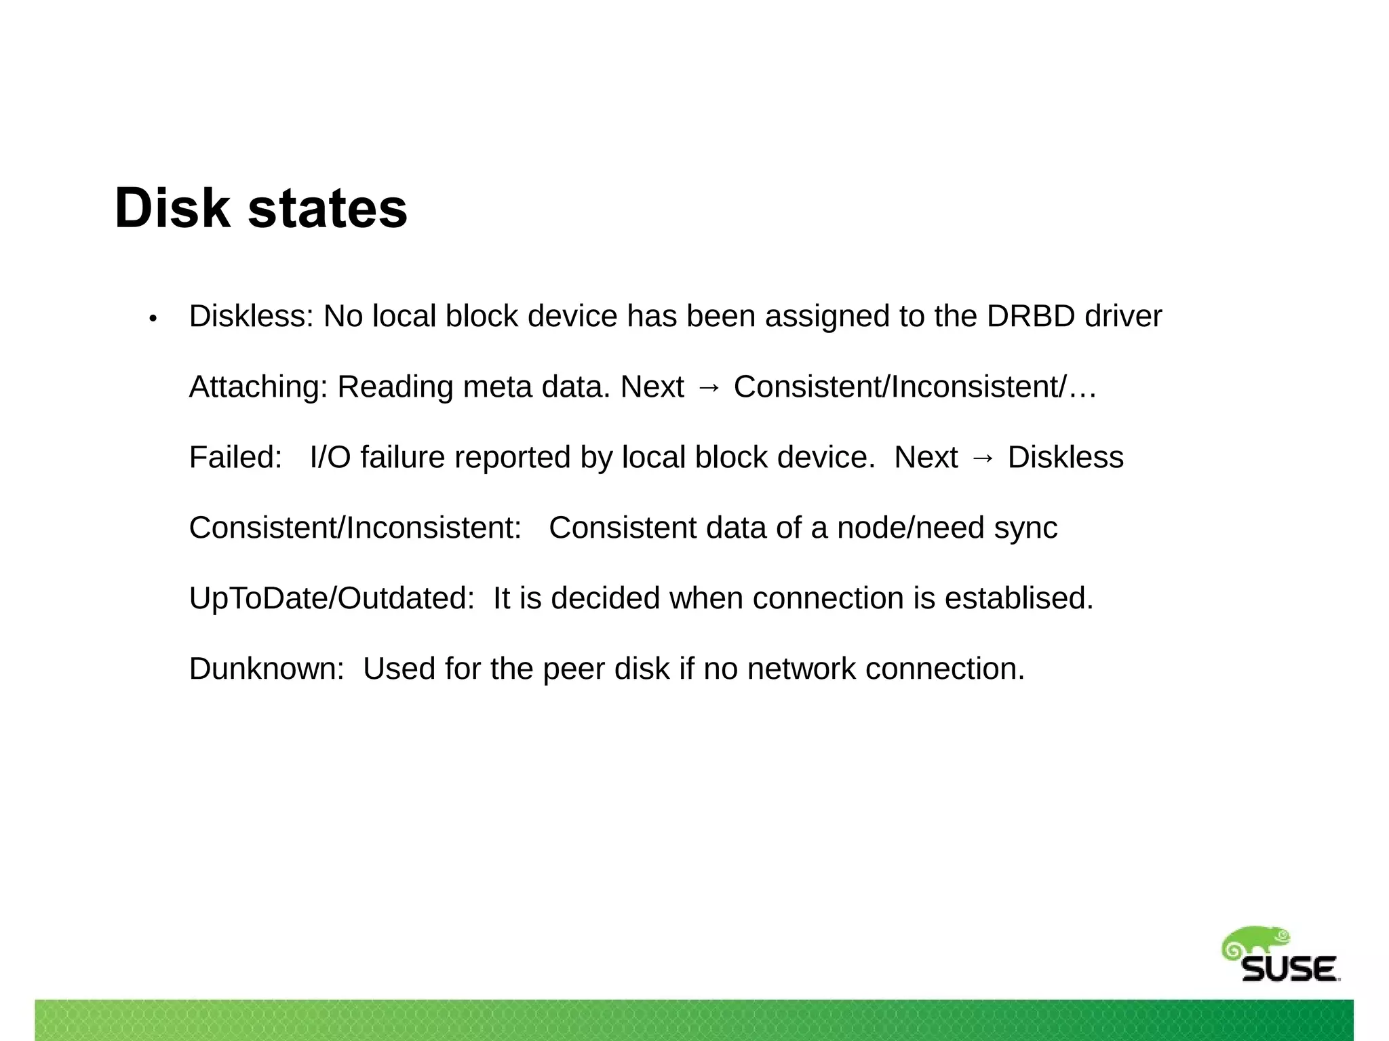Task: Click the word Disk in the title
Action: pos(172,208)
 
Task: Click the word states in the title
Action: pos(328,208)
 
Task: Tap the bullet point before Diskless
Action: pos(153,318)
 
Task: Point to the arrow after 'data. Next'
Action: pos(709,387)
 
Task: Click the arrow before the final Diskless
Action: pos(983,458)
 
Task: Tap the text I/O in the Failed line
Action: pos(330,457)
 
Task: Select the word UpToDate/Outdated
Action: pos(332,598)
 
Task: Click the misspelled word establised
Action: pos(1019,598)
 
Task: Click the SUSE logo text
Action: pos(1289,969)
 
